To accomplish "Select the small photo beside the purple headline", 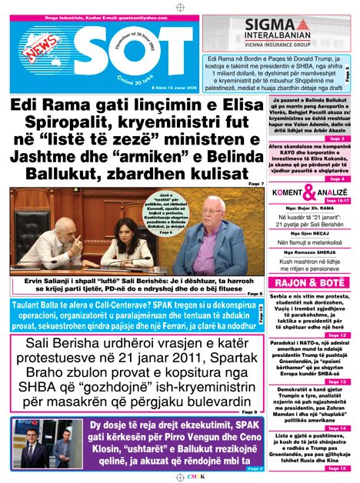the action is (46, 445).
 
